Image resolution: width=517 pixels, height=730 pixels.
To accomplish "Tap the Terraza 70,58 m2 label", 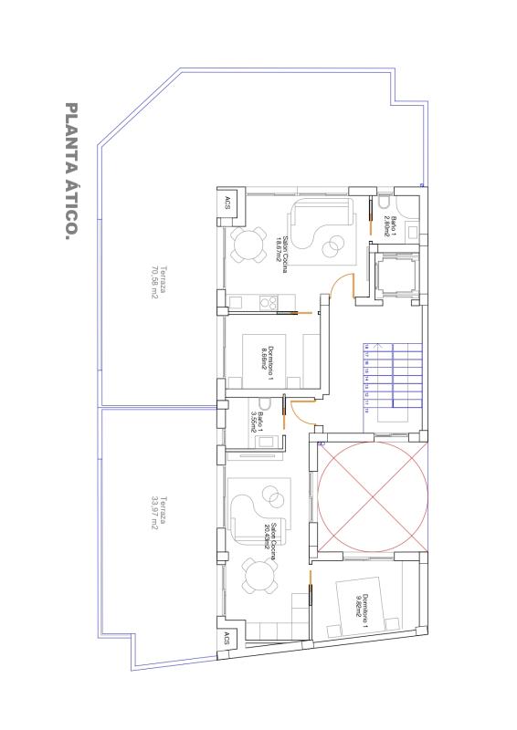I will [159, 287].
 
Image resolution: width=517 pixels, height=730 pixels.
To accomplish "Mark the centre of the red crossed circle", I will [372, 497].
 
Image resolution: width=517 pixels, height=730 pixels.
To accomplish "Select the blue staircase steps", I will [393, 374].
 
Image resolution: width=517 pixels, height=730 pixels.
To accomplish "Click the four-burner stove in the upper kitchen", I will [269, 301].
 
